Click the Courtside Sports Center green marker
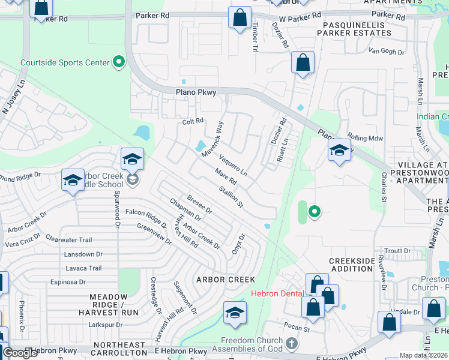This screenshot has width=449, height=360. (119, 61)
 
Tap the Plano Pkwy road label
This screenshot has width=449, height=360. (194, 92)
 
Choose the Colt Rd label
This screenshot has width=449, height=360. (193, 121)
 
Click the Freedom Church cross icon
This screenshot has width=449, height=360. (292, 344)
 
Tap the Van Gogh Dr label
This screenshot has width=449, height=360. (387, 52)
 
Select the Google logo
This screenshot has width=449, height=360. (20, 353)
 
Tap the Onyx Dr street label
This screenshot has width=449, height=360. (238, 244)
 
